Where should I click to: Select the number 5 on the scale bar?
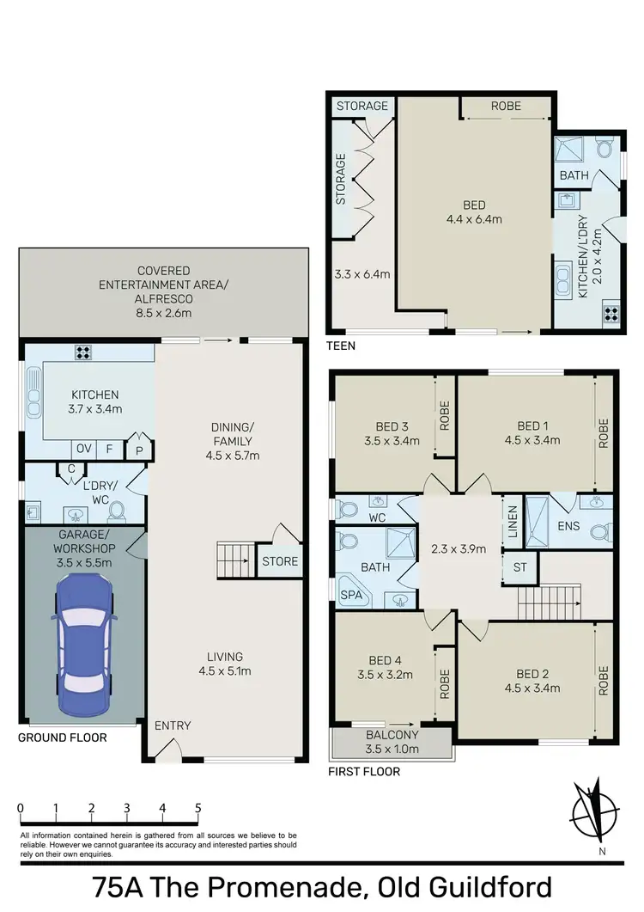click(x=198, y=808)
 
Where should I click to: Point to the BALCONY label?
click(x=392, y=735)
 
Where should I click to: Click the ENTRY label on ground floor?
click(x=173, y=725)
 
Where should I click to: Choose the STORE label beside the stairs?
click(x=280, y=561)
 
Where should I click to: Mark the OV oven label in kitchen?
click(x=84, y=448)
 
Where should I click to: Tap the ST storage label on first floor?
click(x=519, y=567)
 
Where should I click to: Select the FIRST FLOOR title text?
click(x=364, y=772)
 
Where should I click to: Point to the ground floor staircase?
click(x=232, y=560)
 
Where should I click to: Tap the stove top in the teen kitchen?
click(x=612, y=313)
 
